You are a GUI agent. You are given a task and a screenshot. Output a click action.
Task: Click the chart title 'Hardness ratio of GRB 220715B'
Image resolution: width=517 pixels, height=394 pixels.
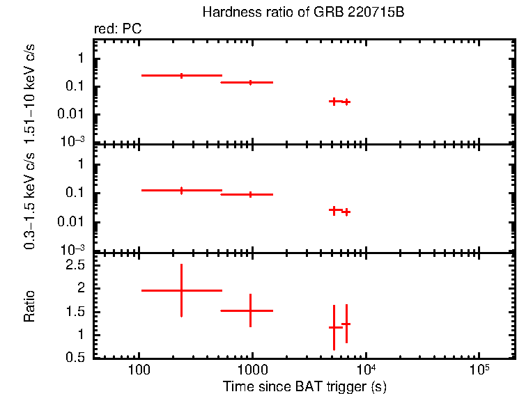point(302,13)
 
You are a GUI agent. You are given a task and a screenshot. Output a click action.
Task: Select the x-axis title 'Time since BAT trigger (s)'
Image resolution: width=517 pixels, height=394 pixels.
point(304,386)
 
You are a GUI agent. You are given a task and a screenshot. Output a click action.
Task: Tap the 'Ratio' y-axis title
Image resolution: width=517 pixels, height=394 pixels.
point(29,306)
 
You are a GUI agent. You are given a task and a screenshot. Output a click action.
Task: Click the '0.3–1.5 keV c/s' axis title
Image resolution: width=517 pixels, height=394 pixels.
point(29,202)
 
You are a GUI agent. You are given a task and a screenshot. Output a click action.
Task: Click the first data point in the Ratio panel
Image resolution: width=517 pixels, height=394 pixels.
point(181,290)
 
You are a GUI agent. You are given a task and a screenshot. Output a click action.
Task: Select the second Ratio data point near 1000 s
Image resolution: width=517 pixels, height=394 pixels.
point(250,310)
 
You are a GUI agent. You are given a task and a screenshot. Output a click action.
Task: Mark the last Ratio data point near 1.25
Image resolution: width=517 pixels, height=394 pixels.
point(346,324)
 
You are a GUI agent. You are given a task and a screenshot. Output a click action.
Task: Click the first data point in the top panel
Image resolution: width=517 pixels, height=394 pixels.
point(181,75)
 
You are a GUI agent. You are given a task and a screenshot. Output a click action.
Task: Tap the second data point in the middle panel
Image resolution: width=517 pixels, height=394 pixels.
point(250,194)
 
